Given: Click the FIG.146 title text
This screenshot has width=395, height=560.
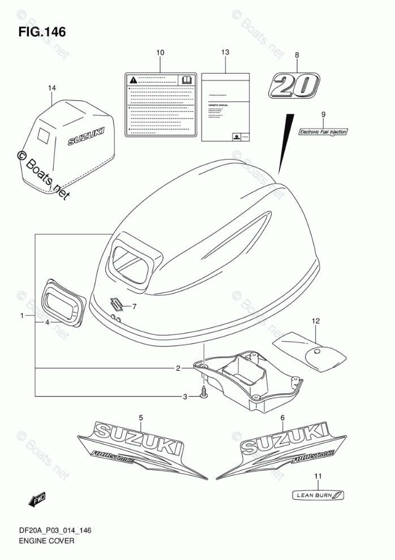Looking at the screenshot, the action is point(42,32).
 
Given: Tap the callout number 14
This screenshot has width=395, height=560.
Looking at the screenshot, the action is point(52,88).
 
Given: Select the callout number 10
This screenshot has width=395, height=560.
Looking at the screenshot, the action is point(160,53).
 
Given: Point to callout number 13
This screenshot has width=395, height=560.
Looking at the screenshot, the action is point(225,52).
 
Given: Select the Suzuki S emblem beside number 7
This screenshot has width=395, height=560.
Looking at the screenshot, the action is point(118,304).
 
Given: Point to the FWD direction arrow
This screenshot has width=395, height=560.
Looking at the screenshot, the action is point(37,499).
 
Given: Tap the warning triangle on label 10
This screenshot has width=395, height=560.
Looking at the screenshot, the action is point(132,79).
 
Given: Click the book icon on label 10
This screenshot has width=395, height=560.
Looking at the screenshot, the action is point(185,79).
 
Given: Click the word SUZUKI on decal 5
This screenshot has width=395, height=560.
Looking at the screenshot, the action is point(138,436).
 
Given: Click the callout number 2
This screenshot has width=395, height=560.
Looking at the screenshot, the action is point(178,369).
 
